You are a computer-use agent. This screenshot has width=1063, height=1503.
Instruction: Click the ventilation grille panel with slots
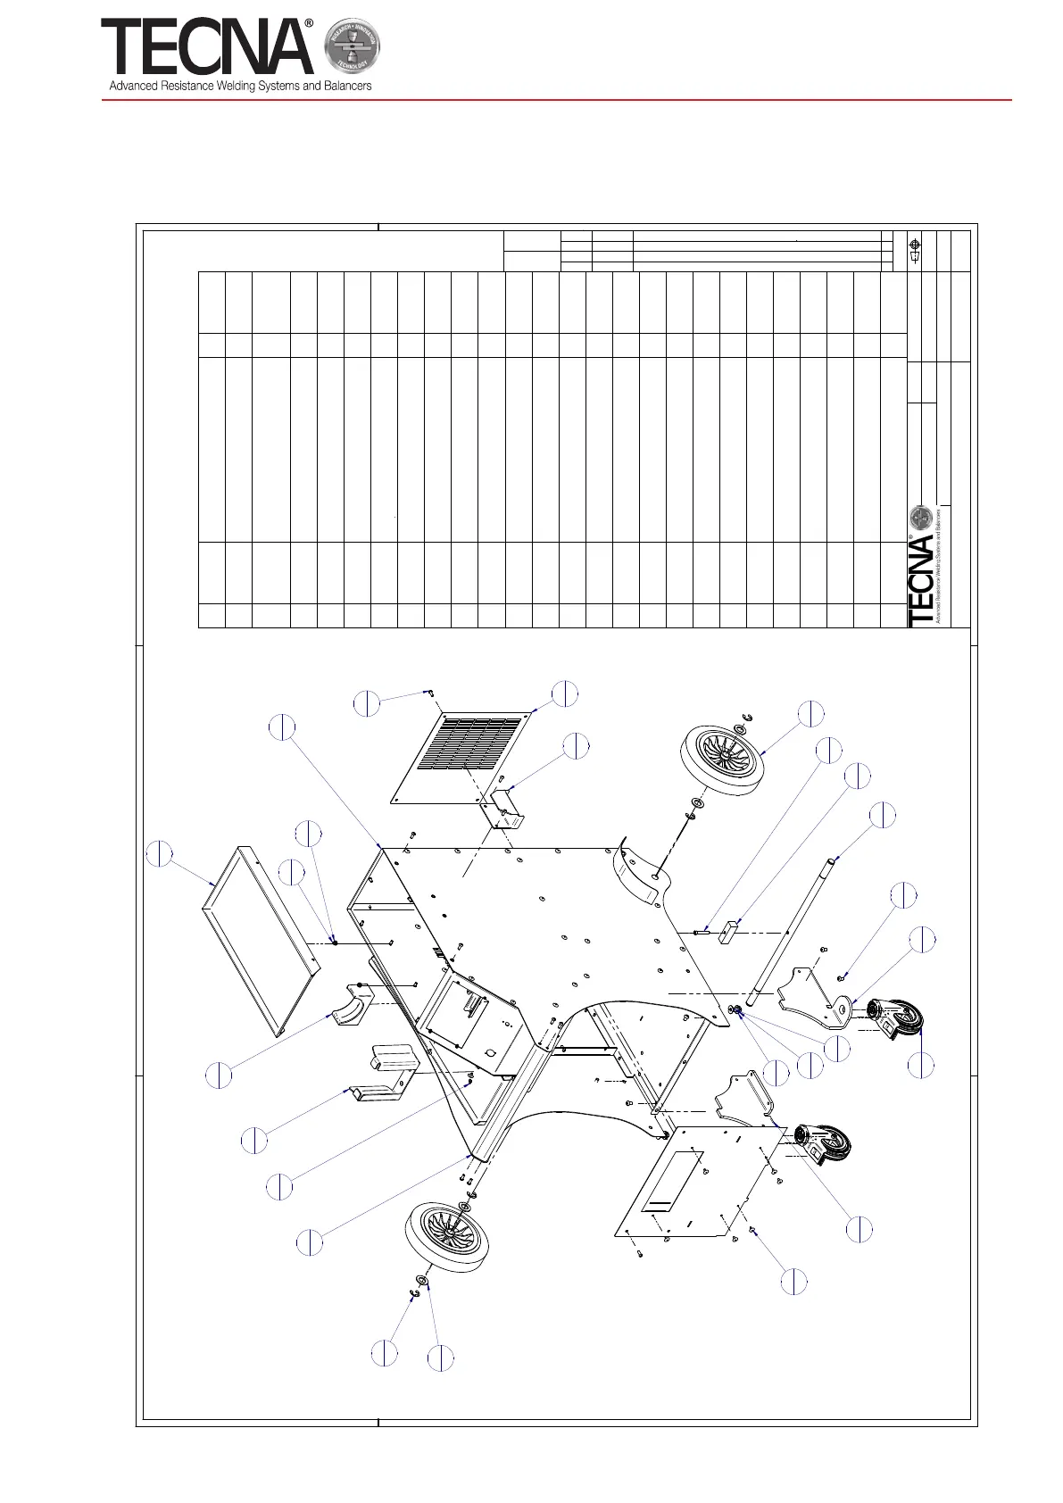coord(464,755)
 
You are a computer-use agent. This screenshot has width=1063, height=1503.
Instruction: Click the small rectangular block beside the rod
coord(729,934)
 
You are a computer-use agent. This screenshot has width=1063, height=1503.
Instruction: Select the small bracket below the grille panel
coord(504,809)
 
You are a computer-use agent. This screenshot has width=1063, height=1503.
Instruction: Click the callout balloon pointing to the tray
coord(160,853)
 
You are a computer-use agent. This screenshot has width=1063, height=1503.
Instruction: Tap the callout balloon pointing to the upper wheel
coord(810,713)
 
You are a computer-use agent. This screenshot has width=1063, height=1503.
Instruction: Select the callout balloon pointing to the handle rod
coord(883,815)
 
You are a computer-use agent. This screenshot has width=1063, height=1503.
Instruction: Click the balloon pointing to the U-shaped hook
coord(254,1140)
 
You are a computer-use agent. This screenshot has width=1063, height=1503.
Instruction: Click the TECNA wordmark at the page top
coord(207,48)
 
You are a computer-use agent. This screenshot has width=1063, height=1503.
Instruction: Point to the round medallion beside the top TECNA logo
coord(352,46)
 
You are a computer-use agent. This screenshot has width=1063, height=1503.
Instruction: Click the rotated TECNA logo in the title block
coord(922,580)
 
